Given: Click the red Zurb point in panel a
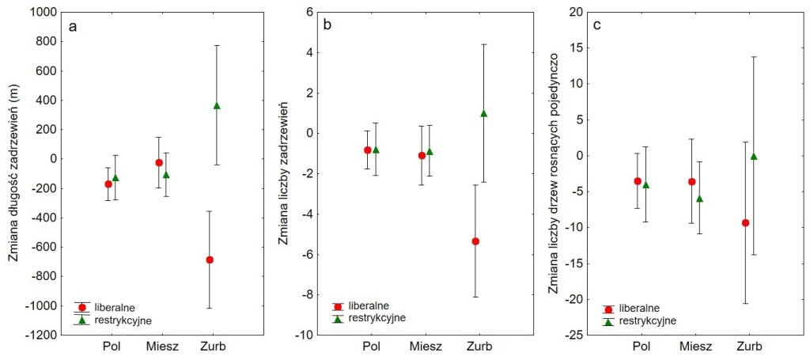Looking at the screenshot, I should (210, 260).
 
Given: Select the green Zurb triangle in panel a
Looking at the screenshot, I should (217, 105).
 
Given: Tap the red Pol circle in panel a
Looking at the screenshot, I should (108, 184).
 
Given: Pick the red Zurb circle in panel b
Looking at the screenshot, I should (475, 241).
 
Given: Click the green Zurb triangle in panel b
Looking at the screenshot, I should (483, 113).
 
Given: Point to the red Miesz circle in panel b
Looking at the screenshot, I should (422, 155).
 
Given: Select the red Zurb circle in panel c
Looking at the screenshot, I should (745, 223).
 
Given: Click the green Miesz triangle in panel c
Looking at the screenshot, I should (699, 199).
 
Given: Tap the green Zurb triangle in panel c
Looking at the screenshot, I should (754, 156).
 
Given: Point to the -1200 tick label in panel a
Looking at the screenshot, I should (41, 335).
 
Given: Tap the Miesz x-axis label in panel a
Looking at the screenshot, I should (162, 347).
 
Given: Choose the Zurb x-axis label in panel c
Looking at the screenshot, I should (749, 347).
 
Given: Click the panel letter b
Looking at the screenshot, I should (327, 26).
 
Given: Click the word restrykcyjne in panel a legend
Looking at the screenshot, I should (123, 320).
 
